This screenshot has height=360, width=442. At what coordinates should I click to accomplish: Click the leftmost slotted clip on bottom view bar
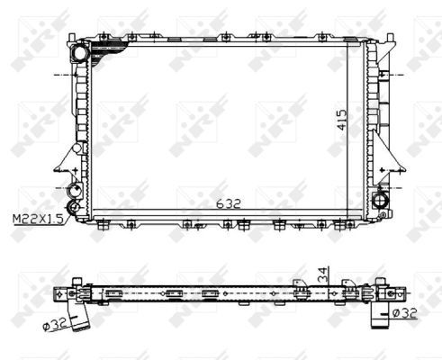pos(114,292)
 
